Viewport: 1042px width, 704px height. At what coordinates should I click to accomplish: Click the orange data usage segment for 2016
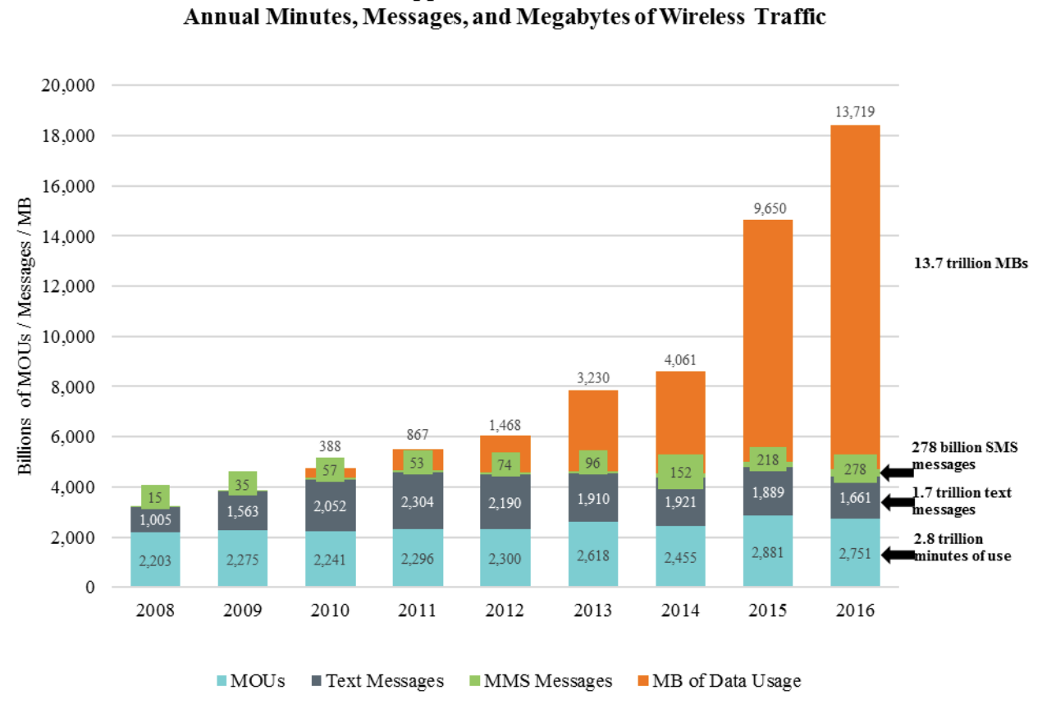pyautogui.click(x=855, y=287)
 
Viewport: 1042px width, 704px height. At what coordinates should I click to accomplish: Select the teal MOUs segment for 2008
pyautogui.click(x=156, y=560)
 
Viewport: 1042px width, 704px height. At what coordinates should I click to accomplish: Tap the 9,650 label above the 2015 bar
pyautogui.click(x=768, y=209)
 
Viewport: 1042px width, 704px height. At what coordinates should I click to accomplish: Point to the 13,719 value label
pyautogui.click(x=856, y=112)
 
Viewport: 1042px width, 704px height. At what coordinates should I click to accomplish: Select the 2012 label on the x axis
pyautogui.click(x=505, y=611)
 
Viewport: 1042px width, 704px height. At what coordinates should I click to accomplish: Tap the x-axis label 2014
pyautogui.click(x=680, y=611)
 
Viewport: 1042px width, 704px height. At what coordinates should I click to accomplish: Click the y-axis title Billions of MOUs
pyautogui.click(x=25, y=336)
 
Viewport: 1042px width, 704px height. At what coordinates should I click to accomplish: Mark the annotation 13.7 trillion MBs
pyautogui.click(x=970, y=265)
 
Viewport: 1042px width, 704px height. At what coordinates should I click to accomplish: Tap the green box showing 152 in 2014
pyautogui.click(x=680, y=471)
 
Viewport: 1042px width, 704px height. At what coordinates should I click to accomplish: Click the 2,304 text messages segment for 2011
pyautogui.click(x=418, y=500)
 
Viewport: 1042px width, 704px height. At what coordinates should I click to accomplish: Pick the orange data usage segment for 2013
pyautogui.click(x=592, y=418)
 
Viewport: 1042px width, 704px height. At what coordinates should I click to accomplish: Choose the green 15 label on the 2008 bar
pyautogui.click(x=156, y=496)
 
